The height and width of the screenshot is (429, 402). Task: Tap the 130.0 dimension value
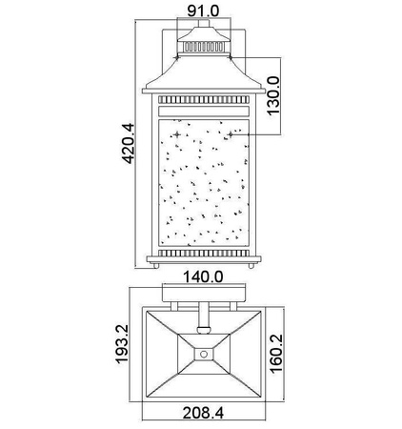tap(274, 96)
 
